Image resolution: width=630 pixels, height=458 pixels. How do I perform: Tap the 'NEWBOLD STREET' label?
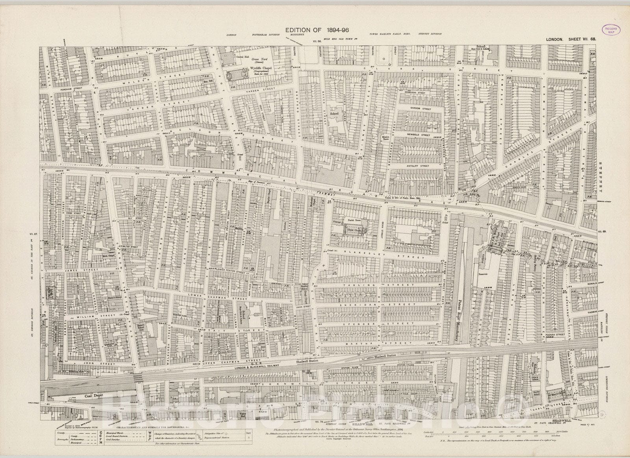(418, 135)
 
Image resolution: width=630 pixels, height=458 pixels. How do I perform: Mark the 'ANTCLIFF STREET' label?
(418, 166)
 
